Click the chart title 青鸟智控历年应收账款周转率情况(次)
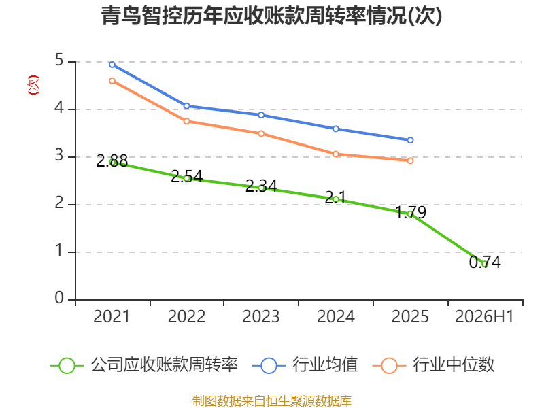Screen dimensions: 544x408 click(271, 16)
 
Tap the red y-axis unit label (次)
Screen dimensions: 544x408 click(33, 85)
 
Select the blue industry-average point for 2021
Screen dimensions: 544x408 click(112, 65)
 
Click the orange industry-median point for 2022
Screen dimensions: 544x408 click(186, 121)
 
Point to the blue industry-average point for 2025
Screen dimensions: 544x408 click(411, 140)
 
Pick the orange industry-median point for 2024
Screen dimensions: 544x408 click(336, 154)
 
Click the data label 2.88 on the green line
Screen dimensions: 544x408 click(112, 161)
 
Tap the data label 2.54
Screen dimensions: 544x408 click(186, 177)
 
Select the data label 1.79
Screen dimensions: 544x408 click(411, 212)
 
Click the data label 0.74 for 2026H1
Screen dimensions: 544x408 click(485, 262)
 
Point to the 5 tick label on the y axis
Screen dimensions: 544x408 click(59, 61)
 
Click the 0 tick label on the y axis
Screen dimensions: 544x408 click(59, 298)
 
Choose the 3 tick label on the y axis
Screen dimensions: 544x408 click(59, 156)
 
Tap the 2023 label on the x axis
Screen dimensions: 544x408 click(261, 317)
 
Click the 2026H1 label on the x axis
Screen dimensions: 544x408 click(484, 317)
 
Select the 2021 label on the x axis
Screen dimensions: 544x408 click(112, 317)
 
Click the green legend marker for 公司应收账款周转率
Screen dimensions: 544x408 click(67, 366)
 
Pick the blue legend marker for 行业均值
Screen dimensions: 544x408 click(269, 366)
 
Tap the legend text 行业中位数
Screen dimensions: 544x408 click(454, 365)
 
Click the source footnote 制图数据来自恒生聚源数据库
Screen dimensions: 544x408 click(272, 401)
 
